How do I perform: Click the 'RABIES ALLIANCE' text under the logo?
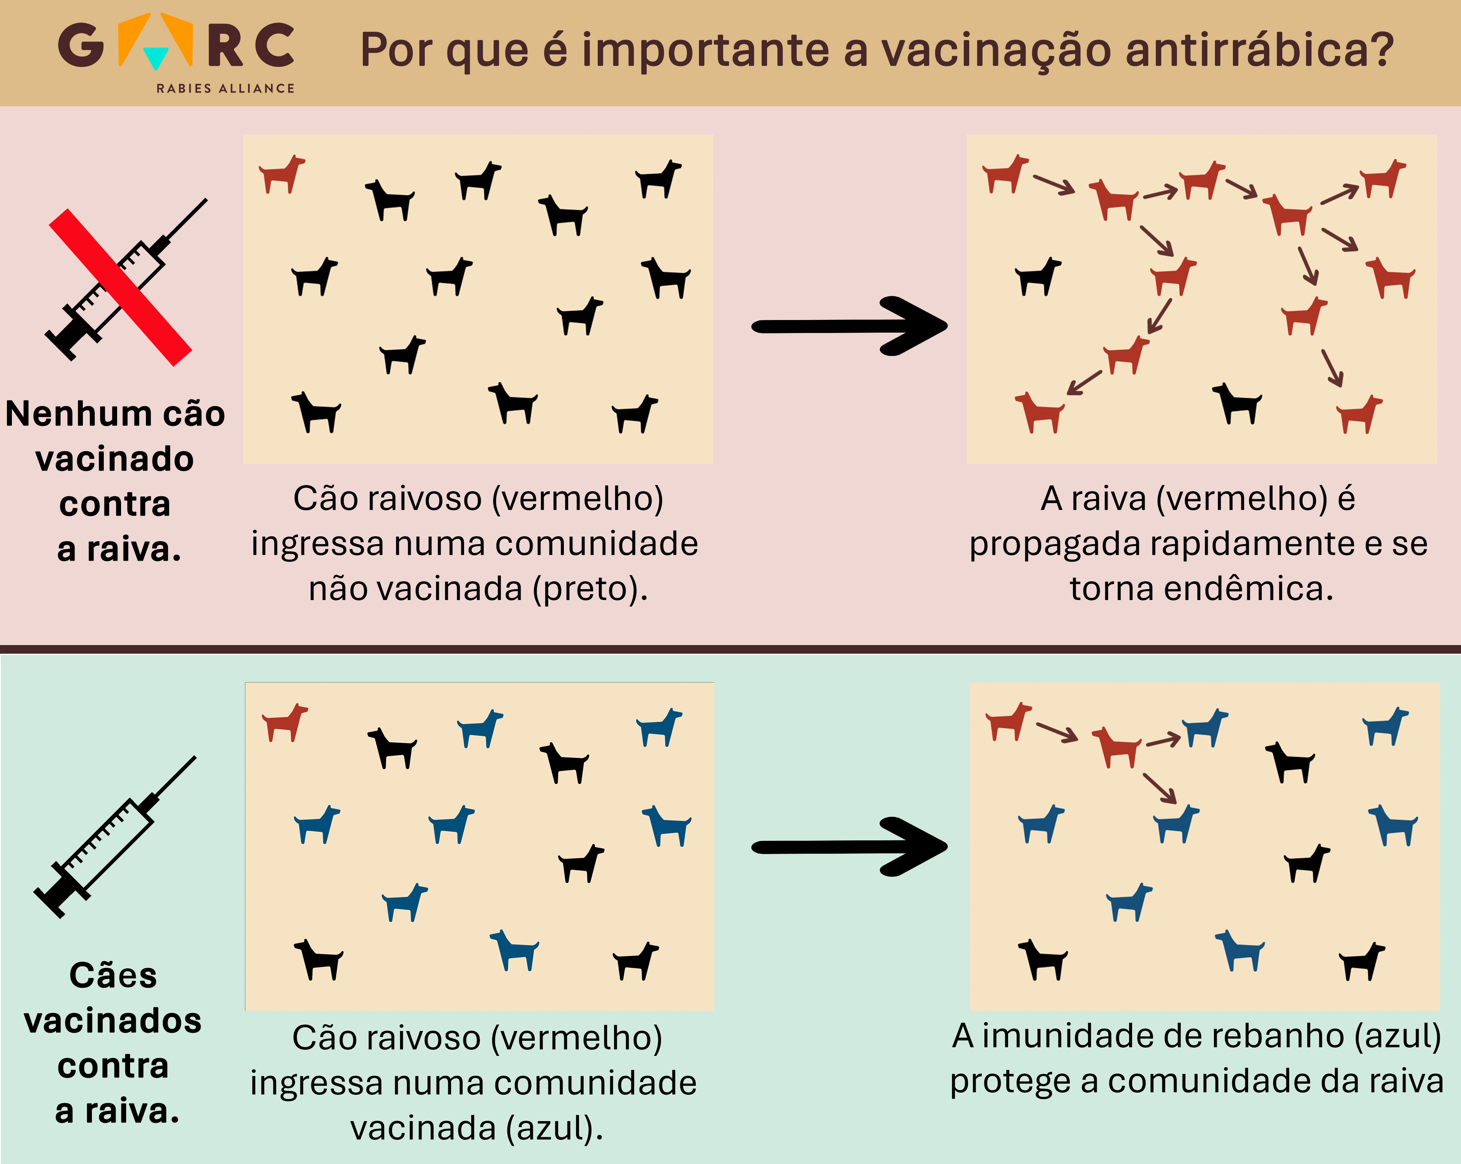[226, 88]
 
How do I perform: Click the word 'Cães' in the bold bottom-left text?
[113, 976]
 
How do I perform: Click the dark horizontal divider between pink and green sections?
[731, 649]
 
